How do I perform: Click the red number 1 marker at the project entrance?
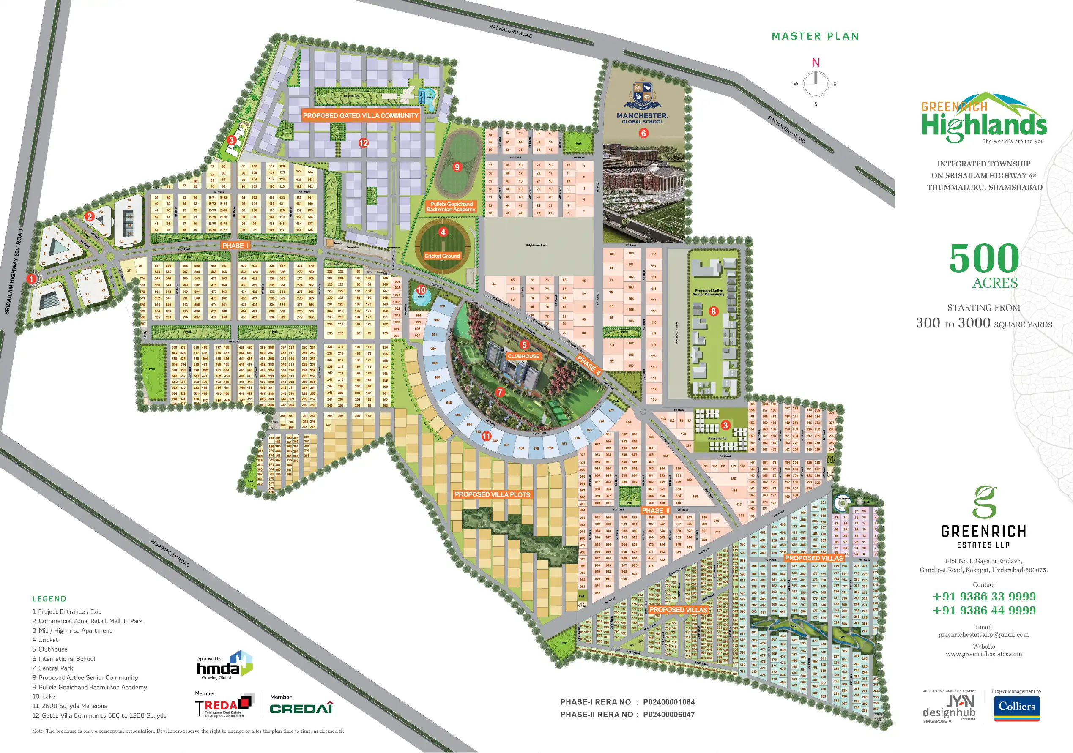coord(31,279)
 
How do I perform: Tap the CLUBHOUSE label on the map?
coord(523,356)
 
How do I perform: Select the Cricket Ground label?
coord(442,256)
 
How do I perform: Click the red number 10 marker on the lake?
coord(421,290)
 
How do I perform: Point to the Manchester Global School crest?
coord(642,93)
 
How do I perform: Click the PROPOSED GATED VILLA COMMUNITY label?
coord(360,115)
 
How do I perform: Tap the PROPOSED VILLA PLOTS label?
coord(492,494)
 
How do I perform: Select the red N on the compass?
coord(816,63)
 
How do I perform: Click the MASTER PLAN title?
coord(815,36)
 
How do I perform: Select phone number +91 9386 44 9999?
coord(984,611)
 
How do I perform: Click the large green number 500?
coord(984,258)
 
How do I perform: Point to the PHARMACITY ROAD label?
coord(170,553)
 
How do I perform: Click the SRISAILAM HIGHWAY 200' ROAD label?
coord(13,271)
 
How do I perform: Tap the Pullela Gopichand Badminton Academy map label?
coord(451,207)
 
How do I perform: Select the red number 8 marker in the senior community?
coord(713,311)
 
